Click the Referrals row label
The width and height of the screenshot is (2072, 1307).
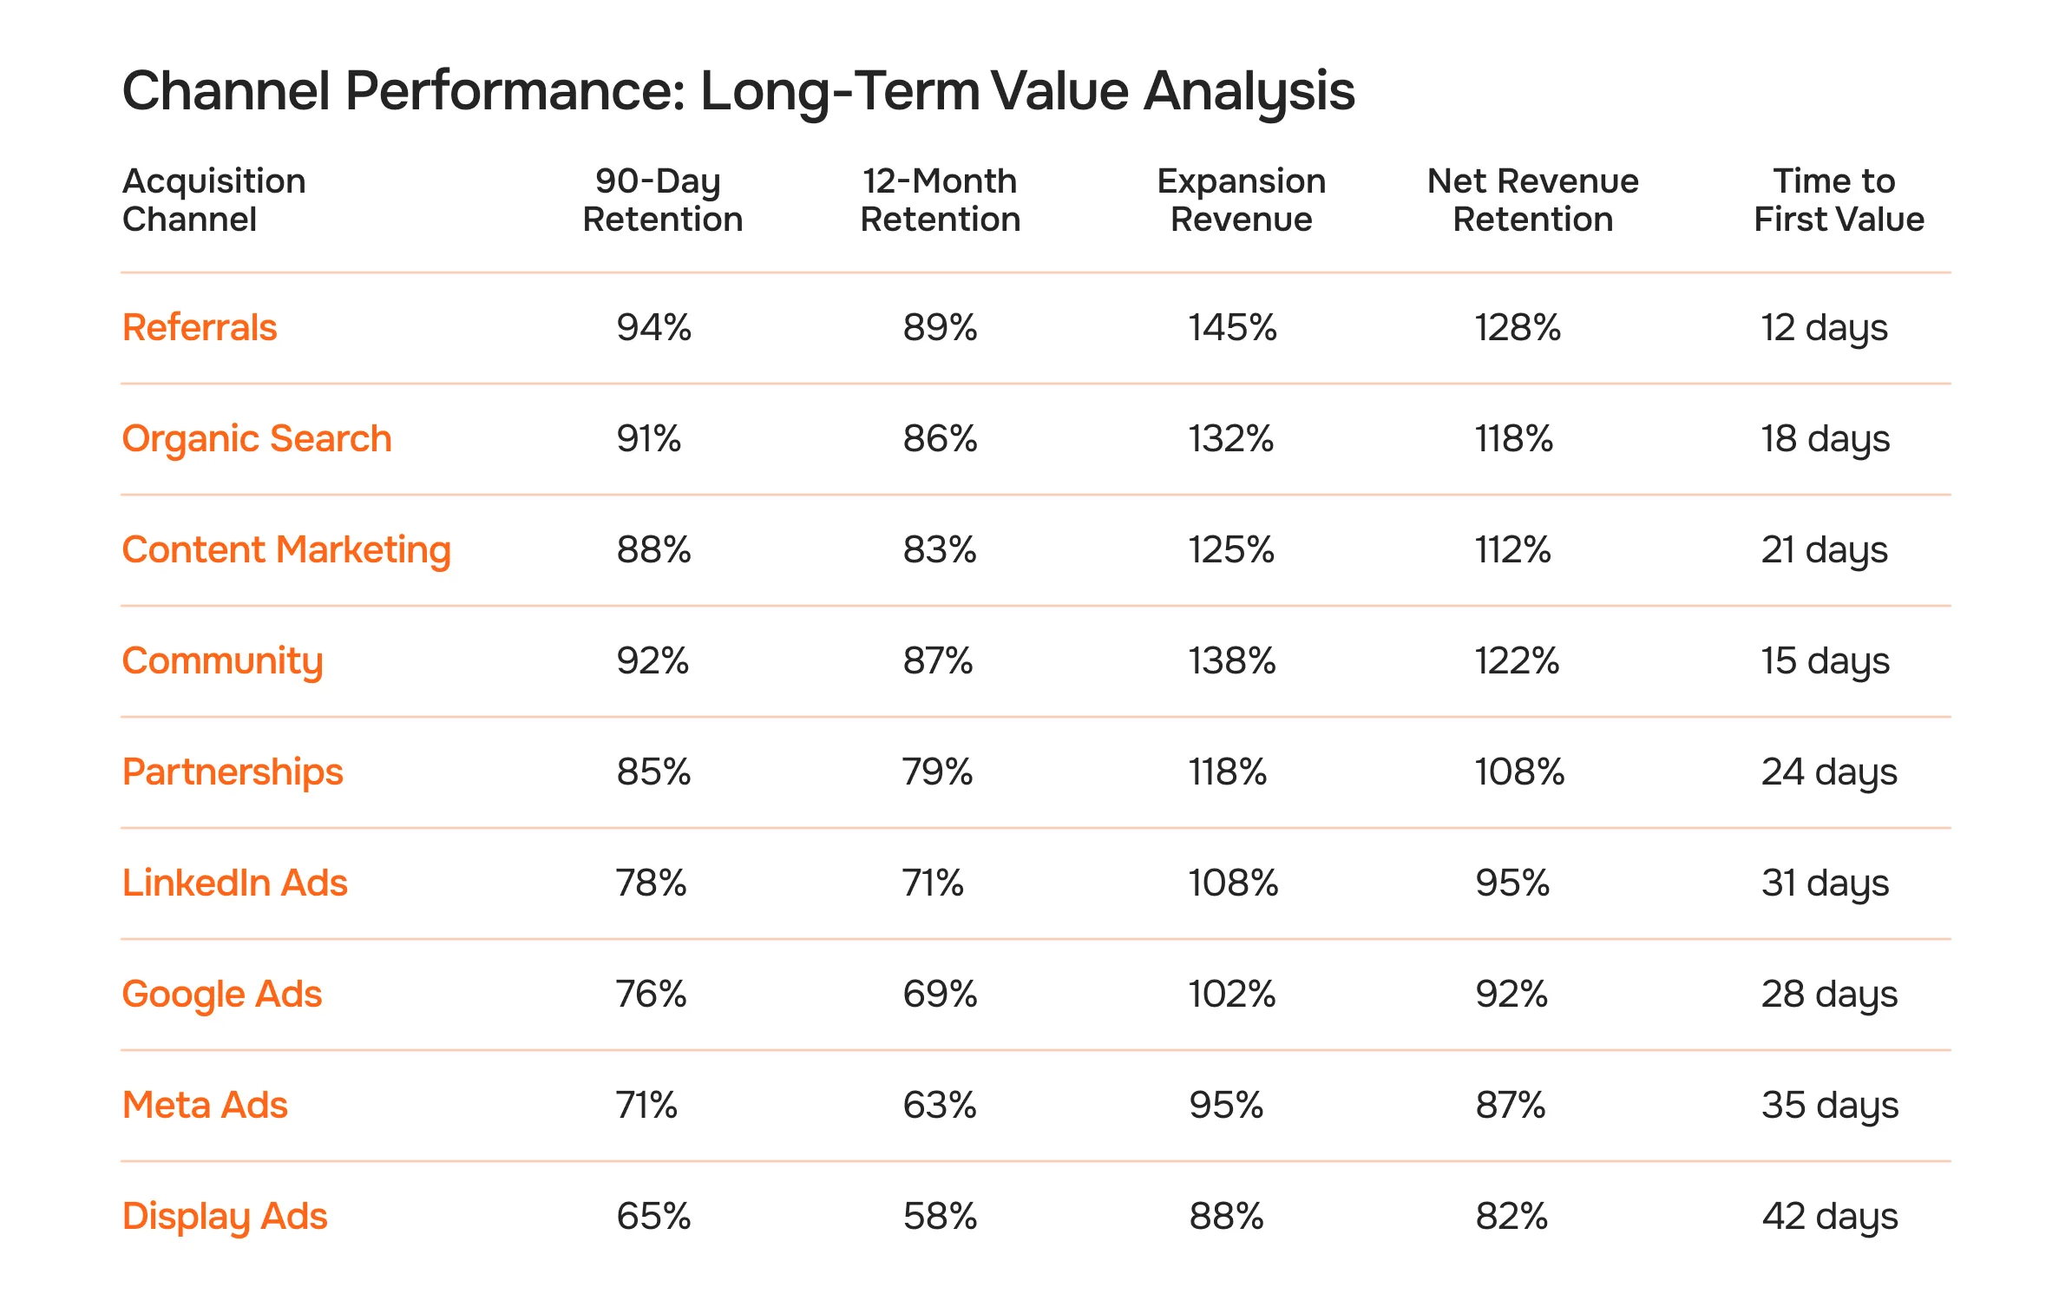(200, 328)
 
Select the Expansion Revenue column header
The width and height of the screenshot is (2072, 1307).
(1241, 200)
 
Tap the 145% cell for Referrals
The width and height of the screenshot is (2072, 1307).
(1232, 328)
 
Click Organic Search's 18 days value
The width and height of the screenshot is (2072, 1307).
(1825, 439)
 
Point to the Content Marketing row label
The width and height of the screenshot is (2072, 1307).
(286, 550)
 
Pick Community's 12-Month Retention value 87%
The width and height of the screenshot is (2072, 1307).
(937, 661)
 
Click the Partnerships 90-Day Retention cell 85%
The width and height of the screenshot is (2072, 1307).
(653, 772)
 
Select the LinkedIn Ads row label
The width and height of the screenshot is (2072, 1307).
(234, 883)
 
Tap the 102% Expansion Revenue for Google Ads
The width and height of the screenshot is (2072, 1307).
(1231, 995)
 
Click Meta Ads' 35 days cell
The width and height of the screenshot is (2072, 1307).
(1829, 1106)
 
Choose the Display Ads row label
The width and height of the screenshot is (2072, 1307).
(225, 1217)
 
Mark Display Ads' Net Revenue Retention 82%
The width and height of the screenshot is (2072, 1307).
(1511, 1217)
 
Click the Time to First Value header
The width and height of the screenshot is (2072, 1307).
(1838, 200)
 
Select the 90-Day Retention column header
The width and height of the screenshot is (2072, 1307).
(662, 200)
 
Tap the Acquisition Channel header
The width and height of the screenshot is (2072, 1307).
(213, 200)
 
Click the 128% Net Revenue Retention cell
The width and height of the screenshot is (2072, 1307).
(1517, 328)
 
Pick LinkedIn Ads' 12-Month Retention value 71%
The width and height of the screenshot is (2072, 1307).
(933, 883)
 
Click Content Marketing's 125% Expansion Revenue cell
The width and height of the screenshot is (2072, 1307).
(1230, 550)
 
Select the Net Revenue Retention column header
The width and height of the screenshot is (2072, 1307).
(1532, 200)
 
